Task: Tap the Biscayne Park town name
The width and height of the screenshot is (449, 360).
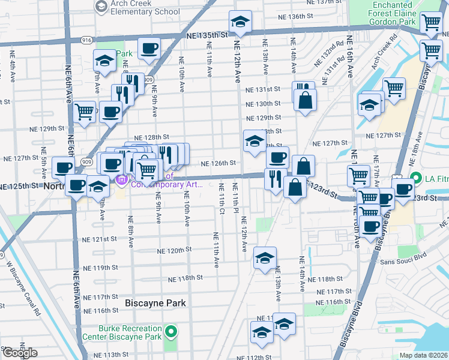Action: pos(155,303)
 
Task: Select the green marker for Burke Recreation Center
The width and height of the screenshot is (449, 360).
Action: pos(171,332)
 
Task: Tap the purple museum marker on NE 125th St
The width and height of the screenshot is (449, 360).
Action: pos(121,179)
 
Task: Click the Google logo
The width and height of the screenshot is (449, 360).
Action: pos(20,353)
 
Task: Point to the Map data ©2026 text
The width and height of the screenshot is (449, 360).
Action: pos(423,355)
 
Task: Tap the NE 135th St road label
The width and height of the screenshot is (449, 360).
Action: pos(208,36)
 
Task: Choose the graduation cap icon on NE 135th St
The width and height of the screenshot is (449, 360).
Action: pos(240,23)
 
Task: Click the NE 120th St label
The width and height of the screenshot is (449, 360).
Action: pos(174,250)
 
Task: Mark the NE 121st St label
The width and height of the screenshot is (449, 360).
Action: pos(98,239)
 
